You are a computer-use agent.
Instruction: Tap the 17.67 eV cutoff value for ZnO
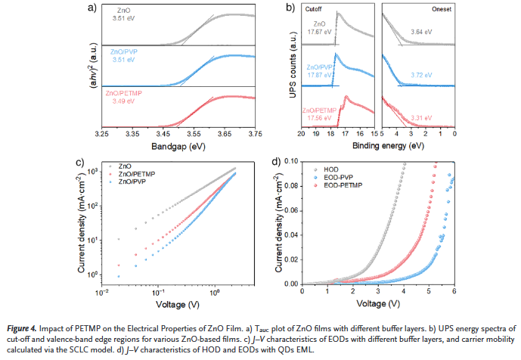pos(313,32)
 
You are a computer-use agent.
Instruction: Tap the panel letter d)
pos(275,162)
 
